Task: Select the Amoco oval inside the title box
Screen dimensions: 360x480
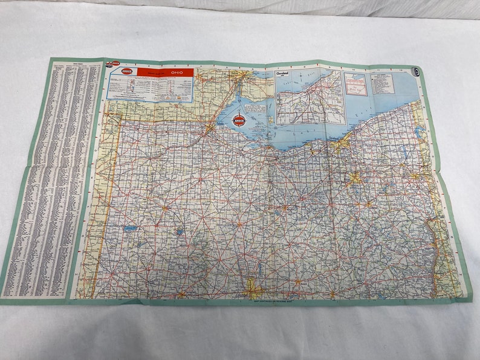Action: tap(128, 72)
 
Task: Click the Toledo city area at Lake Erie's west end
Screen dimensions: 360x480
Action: tap(209, 128)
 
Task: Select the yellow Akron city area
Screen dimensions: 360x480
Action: tap(355, 178)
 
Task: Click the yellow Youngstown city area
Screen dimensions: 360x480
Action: tap(415, 176)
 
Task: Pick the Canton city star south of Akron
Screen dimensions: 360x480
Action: tap(368, 204)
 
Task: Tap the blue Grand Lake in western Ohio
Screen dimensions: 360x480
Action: tap(130, 229)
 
